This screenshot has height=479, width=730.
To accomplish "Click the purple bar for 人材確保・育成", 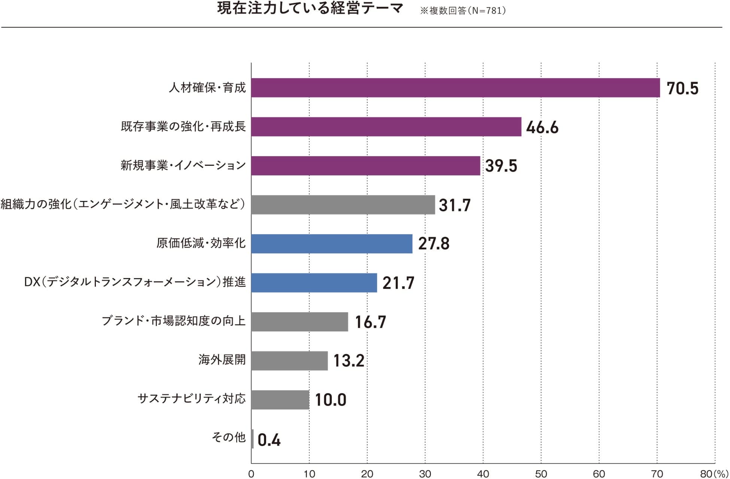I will click(x=455, y=88).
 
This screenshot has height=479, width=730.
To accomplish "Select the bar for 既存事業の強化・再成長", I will click(x=386, y=127).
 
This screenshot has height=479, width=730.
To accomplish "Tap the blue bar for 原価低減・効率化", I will click(x=332, y=244).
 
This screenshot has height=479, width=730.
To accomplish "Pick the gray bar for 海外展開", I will click(x=289, y=361).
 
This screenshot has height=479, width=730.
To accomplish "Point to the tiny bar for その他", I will click(x=253, y=439).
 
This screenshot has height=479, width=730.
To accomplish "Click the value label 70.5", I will click(x=682, y=89).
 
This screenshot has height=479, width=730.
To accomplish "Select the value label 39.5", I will click(x=501, y=166).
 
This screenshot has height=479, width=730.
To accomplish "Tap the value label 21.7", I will click(x=398, y=283).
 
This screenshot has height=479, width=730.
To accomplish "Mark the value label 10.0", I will click(x=331, y=400).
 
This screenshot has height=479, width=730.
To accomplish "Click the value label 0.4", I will click(x=269, y=440).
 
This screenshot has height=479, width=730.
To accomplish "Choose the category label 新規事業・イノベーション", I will click(x=183, y=165).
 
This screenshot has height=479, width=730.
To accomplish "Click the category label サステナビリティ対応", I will click(x=192, y=399).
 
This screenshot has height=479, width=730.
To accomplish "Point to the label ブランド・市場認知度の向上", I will click(x=174, y=321).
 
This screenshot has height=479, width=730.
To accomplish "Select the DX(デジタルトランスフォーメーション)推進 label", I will click(x=135, y=282).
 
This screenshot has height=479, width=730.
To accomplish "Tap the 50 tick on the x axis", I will click(x=541, y=474).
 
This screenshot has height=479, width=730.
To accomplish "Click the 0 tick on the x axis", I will click(x=251, y=474).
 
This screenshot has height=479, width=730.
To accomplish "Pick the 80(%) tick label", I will click(x=714, y=474).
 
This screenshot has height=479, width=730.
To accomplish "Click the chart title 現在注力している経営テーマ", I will click(x=310, y=9).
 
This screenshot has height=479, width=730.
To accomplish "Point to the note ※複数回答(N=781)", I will click(x=463, y=10).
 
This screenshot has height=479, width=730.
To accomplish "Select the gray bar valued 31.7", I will click(x=343, y=205).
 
